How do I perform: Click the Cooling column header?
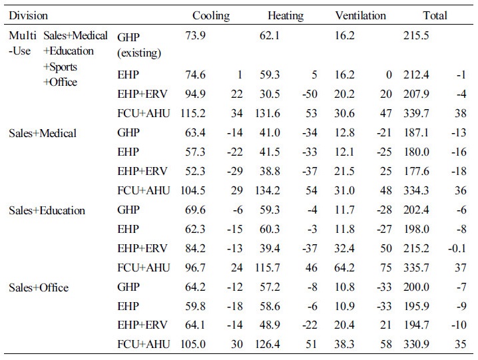point(211,16)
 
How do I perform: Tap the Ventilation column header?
point(361,15)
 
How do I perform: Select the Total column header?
point(435,15)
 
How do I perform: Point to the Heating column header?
point(286,16)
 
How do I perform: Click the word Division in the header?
point(29,15)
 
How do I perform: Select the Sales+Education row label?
point(47,210)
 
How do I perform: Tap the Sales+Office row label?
point(39,287)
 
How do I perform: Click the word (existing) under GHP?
point(139,53)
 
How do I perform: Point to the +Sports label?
point(60,67)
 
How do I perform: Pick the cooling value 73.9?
point(196,35)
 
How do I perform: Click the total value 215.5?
point(416,35)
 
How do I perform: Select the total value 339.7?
point(416,113)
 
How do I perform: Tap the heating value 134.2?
point(268,190)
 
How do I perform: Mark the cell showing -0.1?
point(457,248)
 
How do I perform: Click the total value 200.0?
point(416,287)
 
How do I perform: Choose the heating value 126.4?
point(268,344)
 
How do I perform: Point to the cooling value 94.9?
point(196,94)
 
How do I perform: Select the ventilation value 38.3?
point(344,344)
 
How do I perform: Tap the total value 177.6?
point(416,171)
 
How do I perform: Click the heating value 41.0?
point(270,132)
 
